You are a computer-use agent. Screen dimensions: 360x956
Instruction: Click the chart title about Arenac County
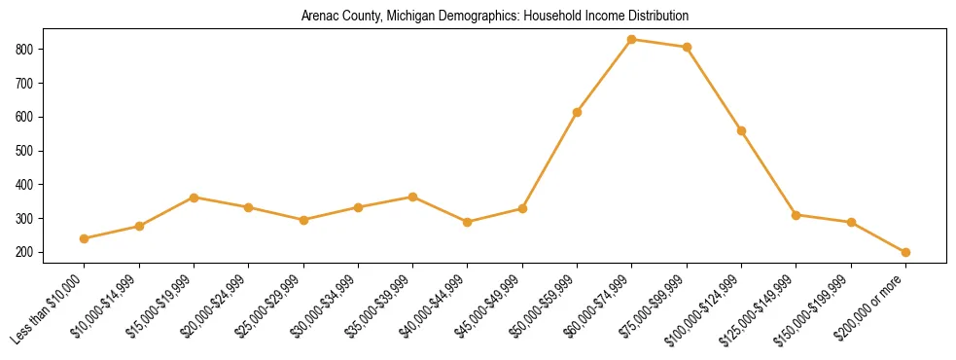click(494, 17)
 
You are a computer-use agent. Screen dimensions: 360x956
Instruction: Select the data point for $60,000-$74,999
click(632, 40)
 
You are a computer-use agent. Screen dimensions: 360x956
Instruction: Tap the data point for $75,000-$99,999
click(687, 47)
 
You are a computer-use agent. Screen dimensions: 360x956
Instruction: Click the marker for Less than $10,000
click(85, 238)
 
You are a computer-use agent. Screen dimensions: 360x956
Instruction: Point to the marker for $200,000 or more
click(905, 252)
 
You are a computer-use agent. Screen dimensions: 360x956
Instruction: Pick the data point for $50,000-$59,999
click(577, 112)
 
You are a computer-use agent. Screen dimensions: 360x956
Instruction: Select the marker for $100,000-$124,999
click(741, 130)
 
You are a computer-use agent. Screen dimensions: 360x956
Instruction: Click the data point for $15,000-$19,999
click(194, 198)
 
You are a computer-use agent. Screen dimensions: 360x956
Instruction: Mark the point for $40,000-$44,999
click(468, 222)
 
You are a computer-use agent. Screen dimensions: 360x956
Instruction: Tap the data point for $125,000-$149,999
click(796, 215)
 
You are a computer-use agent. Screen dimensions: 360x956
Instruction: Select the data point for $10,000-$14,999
click(139, 226)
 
